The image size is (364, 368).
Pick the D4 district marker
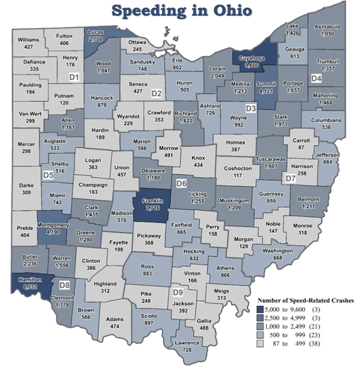pos(316,78)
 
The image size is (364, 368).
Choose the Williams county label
pos(28,40)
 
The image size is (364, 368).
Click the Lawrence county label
pos(189,342)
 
